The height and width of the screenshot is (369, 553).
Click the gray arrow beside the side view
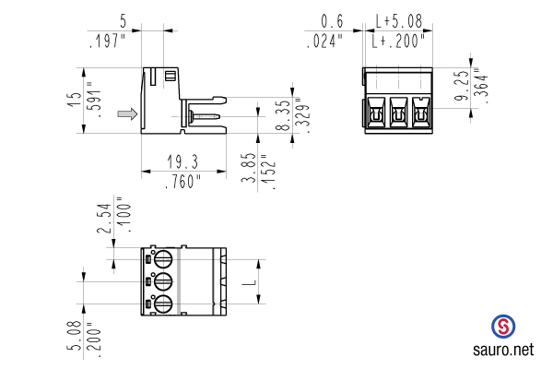127,113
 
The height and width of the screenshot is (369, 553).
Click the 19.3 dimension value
182,161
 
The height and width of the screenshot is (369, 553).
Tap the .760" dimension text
183,182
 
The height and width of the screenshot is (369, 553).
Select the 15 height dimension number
75,100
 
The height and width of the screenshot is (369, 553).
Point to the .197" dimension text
108,41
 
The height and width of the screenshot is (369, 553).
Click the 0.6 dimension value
332,21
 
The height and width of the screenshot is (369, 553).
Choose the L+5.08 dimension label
398,21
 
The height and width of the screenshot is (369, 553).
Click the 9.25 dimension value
462,86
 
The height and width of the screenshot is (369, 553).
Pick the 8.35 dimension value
283,115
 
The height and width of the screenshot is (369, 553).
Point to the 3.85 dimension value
249,167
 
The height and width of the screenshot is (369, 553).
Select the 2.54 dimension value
105,219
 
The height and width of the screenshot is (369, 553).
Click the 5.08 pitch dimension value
75,335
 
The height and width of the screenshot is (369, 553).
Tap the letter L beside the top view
250,281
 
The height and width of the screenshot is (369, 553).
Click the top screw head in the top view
163,259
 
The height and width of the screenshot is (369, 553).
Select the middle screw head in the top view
163,281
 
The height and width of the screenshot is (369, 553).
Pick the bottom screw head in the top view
163,304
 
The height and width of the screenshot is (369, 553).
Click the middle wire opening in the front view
398,112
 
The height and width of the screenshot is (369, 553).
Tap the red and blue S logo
503,327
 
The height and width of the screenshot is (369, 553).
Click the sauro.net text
503,350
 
